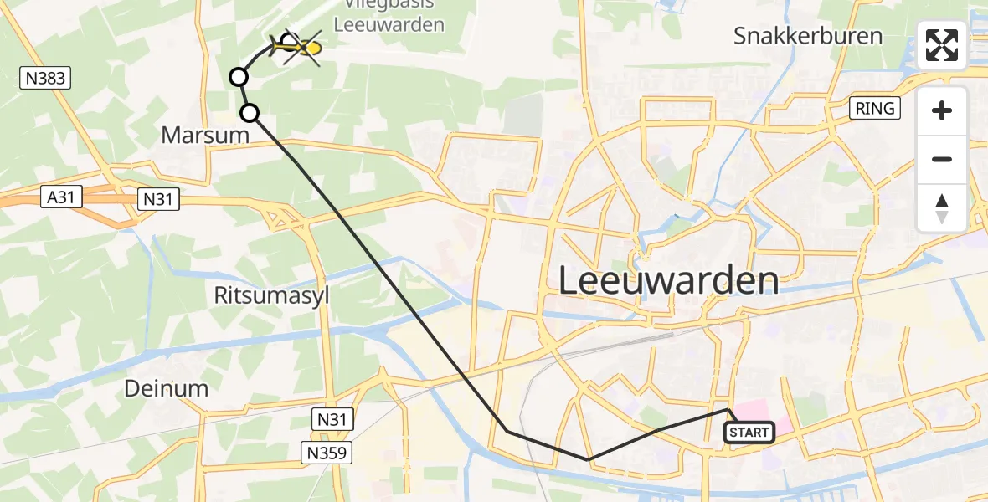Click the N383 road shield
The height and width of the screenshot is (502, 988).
pos(45,79)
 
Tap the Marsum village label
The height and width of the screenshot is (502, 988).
pos(206,135)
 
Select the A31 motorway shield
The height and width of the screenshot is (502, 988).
pos(62,198)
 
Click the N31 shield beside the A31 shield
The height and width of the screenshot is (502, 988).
pos(158,198)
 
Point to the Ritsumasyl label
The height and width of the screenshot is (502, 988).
pos(272,295)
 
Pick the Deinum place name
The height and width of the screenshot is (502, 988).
pos(166,387)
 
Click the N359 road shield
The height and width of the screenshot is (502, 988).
pos(327,453)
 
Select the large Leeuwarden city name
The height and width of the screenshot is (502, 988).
pos(668,281)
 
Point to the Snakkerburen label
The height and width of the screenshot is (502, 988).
pos(808,36)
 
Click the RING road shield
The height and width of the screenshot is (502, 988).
pos(875,108)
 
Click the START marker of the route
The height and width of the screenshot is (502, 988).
pos(749,433)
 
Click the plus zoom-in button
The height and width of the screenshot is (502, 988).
pos(942,111)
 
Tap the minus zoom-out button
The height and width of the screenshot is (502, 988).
pos(942,160)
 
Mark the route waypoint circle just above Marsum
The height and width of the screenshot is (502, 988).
pos(250,113)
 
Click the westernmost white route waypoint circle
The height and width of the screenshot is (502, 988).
pos(239,78)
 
